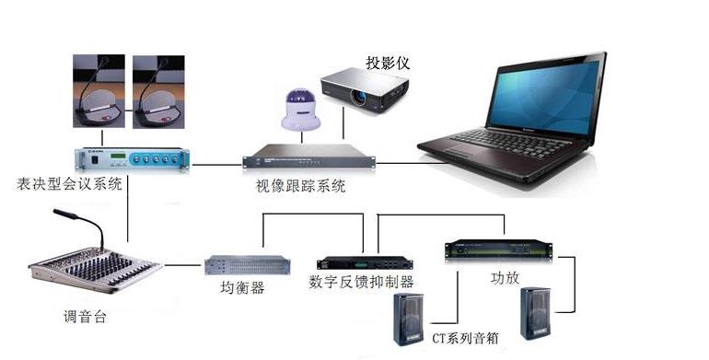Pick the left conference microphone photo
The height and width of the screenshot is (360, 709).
pyautogui.click(x=98, y=93)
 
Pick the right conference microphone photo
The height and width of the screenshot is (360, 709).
pyautogui.click(x=159, y=93)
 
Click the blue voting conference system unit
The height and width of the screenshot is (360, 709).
pyautogui.click(x=132, y=158)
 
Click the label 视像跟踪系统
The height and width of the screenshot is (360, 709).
pyautogui.click(x=301, y=186)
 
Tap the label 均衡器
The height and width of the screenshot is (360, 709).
pyautogui.click(x=243, y=288)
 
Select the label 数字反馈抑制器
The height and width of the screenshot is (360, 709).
pyautogui.click(x=362, y=282)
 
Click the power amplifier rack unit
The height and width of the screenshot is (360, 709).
pyautogui.click(x=498, y=250)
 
